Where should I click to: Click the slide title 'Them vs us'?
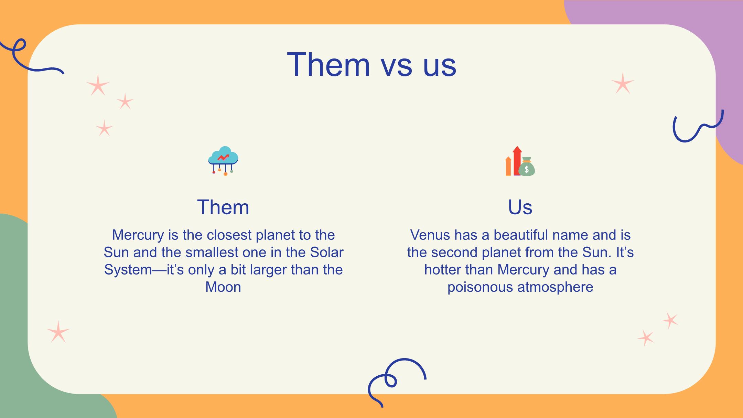[x=371, y=64]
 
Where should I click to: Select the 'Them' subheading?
[x=223, y=207]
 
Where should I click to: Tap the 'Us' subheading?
[x=520, y=207]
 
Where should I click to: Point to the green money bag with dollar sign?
[x=527, y=167]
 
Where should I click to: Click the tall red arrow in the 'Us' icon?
[x=517, y=161]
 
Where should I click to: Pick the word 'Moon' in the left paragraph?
[x=223, y=287]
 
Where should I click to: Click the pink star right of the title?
[x=623, y=83]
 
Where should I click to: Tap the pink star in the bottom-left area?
[x=58, y=332]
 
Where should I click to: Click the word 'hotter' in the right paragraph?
[x=442, y=270]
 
